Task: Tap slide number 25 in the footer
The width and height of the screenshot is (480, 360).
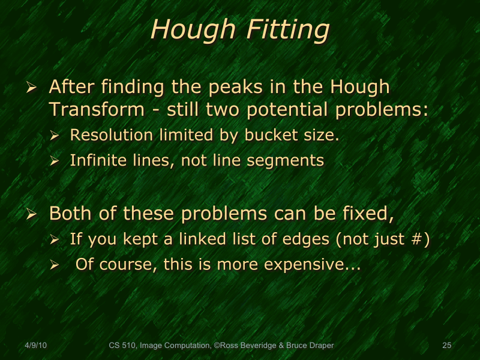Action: [x=446, y=345]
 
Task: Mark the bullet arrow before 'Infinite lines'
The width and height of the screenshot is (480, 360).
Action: [x=55, y=161]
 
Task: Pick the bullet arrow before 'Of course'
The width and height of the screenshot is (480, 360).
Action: [x=55, y=265]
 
